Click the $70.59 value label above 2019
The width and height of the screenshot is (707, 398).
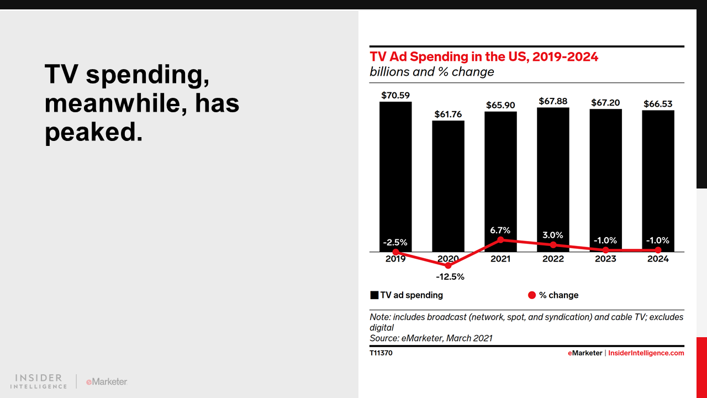click(x=395, y=95)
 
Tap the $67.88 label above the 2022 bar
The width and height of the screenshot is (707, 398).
click(x=553, y=101)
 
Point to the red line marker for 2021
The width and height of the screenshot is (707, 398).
click(x=500, y=239)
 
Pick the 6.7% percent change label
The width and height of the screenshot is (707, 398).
click(x=500, y=230)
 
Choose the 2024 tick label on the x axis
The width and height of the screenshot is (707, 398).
click(x=658, y=259)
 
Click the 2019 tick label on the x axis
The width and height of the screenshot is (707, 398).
click(x=395, y=259)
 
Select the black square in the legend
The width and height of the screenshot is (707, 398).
click(x=374, y=295)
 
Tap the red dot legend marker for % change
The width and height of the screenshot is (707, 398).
click(x=532, y=295)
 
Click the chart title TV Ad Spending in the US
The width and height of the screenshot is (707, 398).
click(x=484, y=56)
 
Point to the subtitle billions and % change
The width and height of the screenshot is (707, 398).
click(x=432, y=72)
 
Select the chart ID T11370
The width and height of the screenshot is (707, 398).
click(x=381, y=353)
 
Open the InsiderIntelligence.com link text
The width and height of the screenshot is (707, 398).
click(x=646, y=353)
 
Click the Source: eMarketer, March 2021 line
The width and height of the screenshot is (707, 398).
click(x=431, y=338)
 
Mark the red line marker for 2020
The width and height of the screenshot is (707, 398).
click(x=448, y=265)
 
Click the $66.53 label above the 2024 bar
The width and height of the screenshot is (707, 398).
click(x=658, y=104)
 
